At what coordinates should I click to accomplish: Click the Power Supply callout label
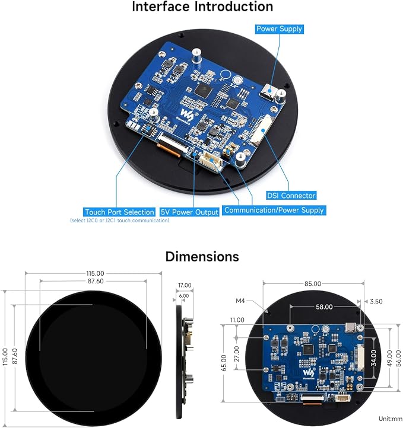[x=279, y=29]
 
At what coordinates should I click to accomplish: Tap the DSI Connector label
[x=291, y=196]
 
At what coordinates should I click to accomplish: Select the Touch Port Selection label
[x=119, y=212]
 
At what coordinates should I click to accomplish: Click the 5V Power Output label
[x=189, y=212]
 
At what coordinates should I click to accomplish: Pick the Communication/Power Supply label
[x=274, y=210]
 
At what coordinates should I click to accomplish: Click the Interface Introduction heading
[x=202, y=7]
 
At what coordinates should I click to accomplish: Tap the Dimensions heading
[x=202, y=257]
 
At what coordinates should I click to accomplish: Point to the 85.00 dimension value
[x=313, y=283]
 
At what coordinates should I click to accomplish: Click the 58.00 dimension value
[x=324, y=307]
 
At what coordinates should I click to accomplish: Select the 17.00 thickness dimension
[x=185, y=285]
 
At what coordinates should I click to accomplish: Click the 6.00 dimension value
[x=184, y=296]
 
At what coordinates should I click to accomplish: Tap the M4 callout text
[x=240, y=301]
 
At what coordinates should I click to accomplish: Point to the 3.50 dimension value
[x=376, y=301]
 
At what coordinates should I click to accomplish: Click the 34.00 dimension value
[x=374, y=358]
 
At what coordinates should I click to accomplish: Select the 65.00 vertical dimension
[x=224, y=363]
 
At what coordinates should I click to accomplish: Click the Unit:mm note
[x=391, y=419]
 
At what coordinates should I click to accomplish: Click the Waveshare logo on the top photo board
[x=186, y=114]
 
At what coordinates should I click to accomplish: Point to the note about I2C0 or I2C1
[x=120, y=221]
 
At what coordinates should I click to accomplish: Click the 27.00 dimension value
[x=237, y=354]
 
